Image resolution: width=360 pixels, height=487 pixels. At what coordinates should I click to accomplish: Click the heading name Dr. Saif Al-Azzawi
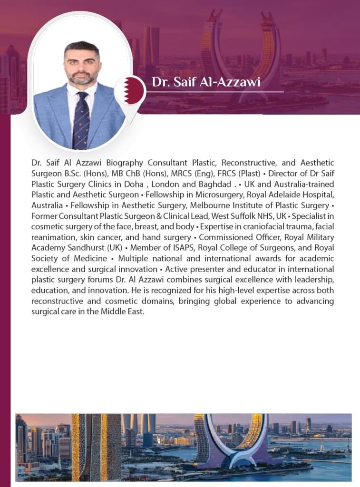(206, 82)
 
